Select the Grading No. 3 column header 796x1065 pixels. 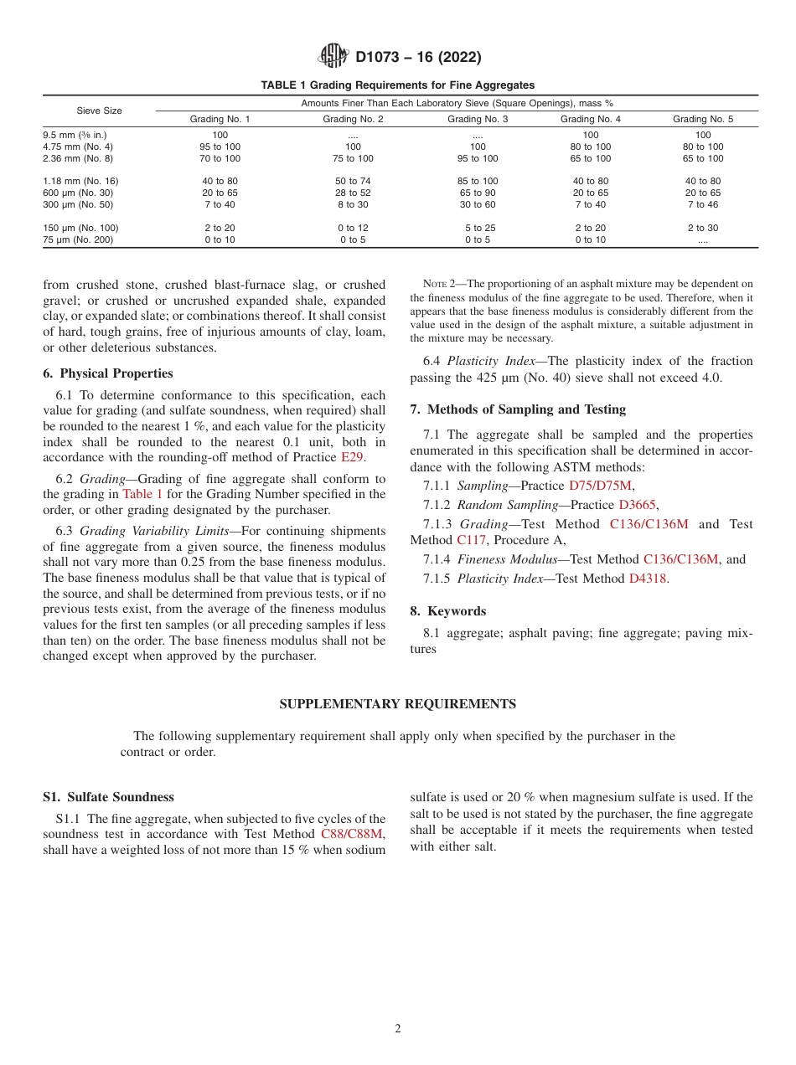coord(478,119)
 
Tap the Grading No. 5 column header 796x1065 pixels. coord(703,119)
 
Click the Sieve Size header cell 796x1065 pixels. coord(99,111)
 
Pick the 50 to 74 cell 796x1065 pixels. coord(353,181)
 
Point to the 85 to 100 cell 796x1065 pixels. coord(478,181)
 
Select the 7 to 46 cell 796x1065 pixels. coord(703,204)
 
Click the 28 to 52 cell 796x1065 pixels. coord(353,193)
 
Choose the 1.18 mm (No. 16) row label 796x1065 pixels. coord(80,181)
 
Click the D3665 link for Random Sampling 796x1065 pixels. coord(637,505)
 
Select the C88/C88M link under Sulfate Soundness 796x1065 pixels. coord(351,834)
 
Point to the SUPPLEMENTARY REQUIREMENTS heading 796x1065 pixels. coord(397,704)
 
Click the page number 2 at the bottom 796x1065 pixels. coord(398,1029)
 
